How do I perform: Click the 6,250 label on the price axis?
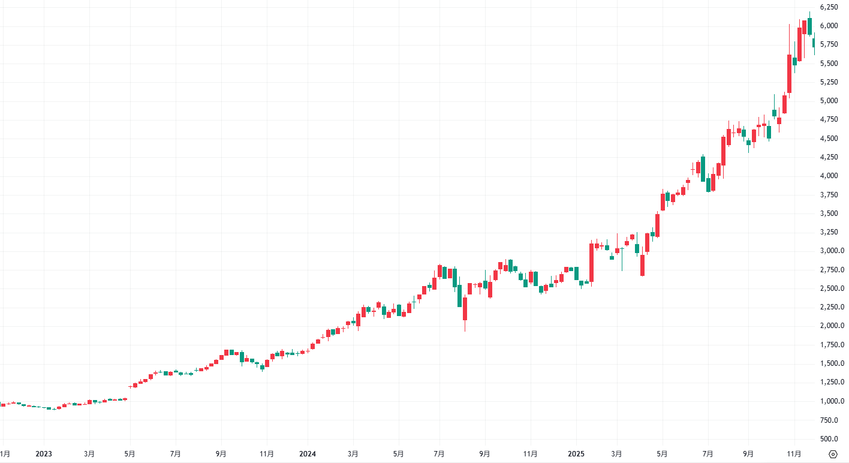pyautogui.click(x=829, y=7)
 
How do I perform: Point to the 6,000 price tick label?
pyautogui.click(x=829, y=25)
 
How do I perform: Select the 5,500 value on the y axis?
pyautogui.click(x=829, y=63)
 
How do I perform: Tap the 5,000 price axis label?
pyautogui.click(x=829, y=101)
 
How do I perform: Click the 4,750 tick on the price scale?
pyautogui.click(x=829, y=119)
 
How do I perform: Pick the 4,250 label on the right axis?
pyautogui.click(x=829, y=157)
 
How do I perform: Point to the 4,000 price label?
pyautogui.click(x=829, y=176)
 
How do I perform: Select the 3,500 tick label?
pyautogui.click(x=829, y=214)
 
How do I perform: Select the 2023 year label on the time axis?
pyautogui.click(x=43, y=454)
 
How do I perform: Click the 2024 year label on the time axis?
pyautogui.click(x=307, y=454)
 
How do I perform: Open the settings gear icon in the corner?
pyautogui.click(x=833, y=454)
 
